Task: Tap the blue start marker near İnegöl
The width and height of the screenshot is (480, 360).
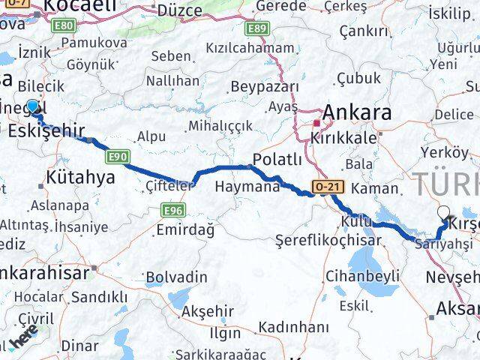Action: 32,106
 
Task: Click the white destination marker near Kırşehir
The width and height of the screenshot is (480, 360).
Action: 444,213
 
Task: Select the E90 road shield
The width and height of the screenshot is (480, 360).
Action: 115,156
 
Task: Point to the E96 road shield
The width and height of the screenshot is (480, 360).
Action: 172,211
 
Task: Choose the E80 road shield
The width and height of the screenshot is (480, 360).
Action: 64,25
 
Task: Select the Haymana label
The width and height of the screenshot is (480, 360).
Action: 247,187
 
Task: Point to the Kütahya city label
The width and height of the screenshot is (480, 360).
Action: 80,178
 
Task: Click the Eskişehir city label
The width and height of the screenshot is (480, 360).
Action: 46,130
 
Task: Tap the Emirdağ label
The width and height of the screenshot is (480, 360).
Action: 184,229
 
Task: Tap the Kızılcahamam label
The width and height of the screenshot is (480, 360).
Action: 250,48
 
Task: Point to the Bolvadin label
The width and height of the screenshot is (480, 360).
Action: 176,277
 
